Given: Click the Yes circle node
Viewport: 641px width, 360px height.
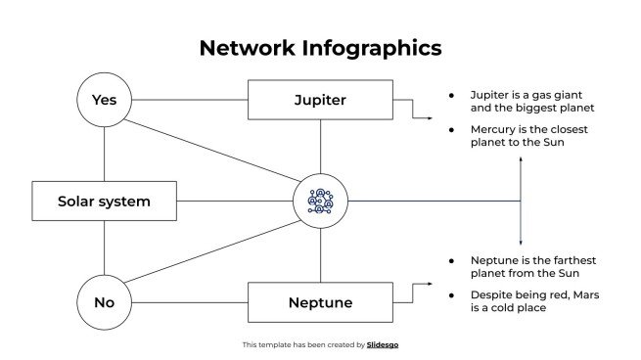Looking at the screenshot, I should (104, 100).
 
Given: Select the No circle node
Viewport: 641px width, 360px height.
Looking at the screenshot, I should (104, 302).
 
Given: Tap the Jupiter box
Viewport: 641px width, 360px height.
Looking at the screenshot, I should (320, 100).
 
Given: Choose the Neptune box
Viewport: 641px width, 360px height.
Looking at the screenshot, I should (320, 302).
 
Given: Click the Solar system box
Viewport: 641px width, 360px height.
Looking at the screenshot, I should (104, 202).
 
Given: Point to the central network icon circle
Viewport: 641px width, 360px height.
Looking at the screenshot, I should (320, 202).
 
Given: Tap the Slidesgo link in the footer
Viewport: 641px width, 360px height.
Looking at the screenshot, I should (383, 344).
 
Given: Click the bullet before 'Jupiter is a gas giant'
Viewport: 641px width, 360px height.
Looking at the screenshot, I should (451, 95).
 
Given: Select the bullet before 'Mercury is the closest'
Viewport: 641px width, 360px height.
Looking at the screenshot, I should (451, 129).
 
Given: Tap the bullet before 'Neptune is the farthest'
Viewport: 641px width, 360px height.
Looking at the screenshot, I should (451, 260).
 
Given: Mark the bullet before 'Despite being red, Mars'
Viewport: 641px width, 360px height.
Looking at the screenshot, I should (451, 294).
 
